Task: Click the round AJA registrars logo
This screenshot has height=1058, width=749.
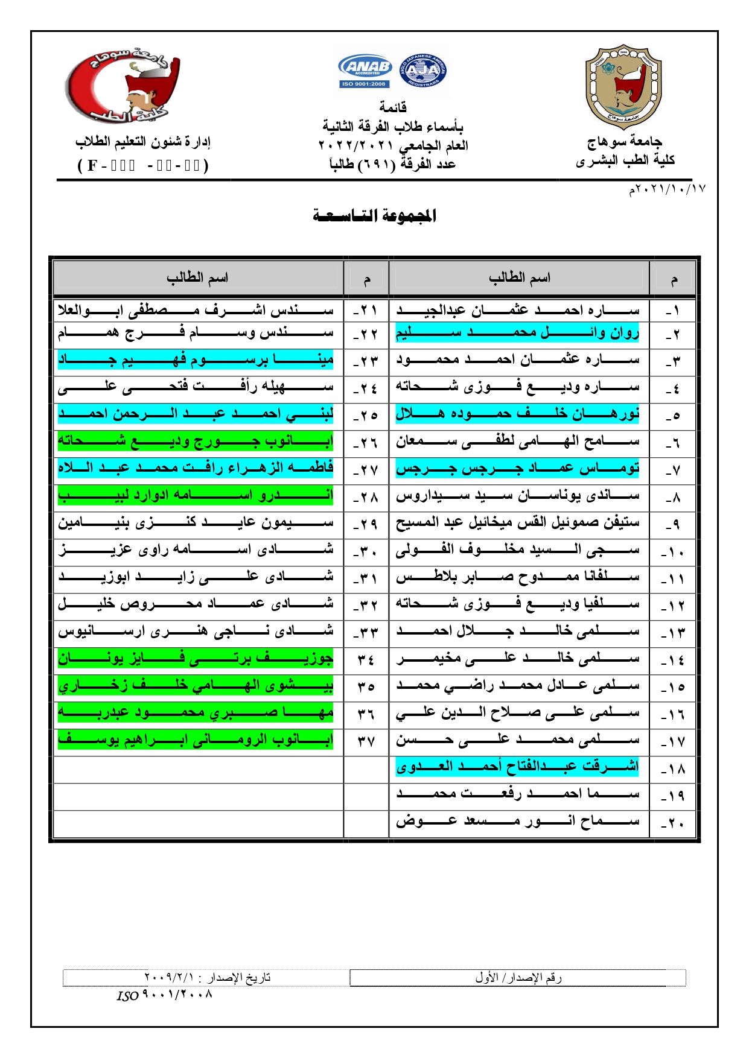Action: (423, 71)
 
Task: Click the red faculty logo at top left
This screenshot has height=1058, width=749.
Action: (123, 85)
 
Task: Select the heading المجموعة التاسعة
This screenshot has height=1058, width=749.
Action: (374, 215)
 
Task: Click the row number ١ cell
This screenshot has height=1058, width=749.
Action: (672, 311)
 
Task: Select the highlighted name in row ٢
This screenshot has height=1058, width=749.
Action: (517, 333)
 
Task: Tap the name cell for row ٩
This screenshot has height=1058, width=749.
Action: (517, 522)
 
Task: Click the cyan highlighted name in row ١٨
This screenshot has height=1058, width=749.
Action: (517, 766)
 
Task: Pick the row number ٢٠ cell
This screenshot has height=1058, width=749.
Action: (672, 822)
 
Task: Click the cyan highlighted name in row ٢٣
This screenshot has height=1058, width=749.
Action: (196, 360)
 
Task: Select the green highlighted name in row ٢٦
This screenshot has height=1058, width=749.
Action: (196, 441)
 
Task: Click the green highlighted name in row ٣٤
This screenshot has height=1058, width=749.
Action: (196, 658)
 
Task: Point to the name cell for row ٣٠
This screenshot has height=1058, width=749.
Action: (196, 550)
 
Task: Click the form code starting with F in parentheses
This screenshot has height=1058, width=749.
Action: (143, 165)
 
